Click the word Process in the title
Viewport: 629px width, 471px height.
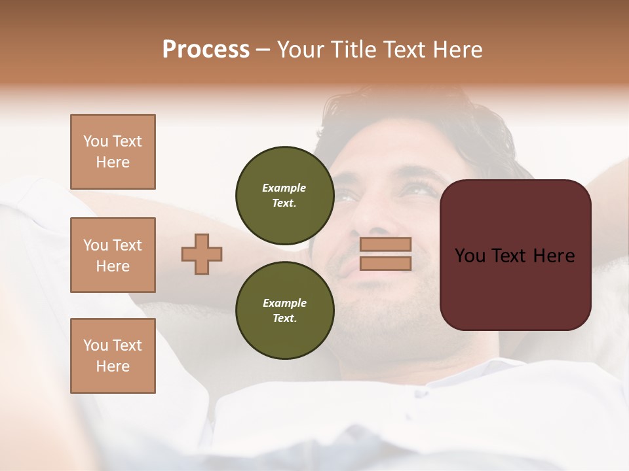tap(206, 49)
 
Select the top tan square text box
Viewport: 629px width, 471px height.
tap(113, 152)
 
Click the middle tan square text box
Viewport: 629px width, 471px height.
tap(113, 255)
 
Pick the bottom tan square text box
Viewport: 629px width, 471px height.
tap(113, 356)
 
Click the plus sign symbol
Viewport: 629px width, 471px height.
tap(202, 254)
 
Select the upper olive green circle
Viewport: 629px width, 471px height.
tap(284, 195)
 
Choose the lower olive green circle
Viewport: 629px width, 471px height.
tap(284, 310)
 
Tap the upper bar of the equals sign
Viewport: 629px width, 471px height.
tap(386, 244)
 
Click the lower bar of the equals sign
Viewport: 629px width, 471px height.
tap(386, 263)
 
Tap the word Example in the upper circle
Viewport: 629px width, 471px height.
tap(284, 188)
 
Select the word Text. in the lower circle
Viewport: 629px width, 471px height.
tap(284, 318)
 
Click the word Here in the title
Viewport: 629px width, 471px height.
tap(455, 49)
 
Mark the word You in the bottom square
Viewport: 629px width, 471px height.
tap(96, 345)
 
